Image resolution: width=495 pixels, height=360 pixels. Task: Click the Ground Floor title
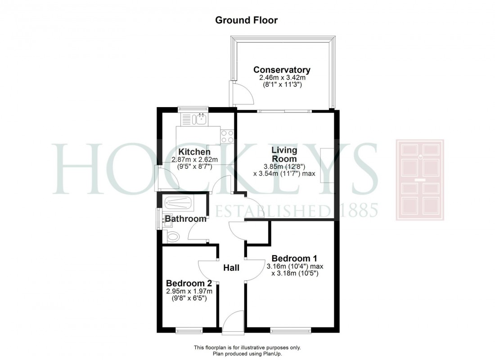(246, 20)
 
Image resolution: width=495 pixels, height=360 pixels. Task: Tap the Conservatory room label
(282, 70)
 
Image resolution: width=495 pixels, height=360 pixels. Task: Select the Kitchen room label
(194, 152)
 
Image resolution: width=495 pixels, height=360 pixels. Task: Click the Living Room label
(284, 154)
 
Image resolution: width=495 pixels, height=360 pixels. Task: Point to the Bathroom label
(185, 219)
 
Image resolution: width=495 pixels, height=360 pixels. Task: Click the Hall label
(231, 268)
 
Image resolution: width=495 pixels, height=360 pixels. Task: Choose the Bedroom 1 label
(294, 258)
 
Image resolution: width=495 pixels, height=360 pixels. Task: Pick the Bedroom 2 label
(189, 283)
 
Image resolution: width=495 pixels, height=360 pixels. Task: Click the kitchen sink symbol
(199, 119)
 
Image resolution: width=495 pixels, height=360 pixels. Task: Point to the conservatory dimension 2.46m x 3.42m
(279, 78)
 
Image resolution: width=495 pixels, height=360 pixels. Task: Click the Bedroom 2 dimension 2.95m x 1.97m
(189, 291)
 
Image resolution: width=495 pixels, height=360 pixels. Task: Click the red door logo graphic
(419, 180)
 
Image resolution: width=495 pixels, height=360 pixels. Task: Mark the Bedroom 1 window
(291, 331)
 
